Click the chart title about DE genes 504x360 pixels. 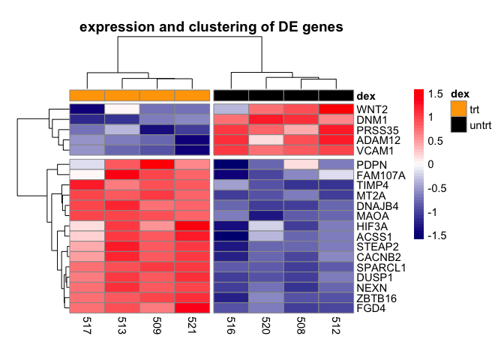[211, 28]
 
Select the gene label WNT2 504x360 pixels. [371, 109]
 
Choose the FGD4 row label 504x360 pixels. [370, 307]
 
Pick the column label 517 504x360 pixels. [86, 328]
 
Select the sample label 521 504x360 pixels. [191, 328]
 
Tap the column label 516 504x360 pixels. [231, 328]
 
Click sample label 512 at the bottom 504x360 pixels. [335, 328]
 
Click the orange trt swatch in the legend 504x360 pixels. [457, 109]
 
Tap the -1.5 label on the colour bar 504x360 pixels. [436, 234]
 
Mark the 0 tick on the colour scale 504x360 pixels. [431, 163]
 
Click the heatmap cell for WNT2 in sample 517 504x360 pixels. [86, 109]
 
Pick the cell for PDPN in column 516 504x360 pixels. [231, 164]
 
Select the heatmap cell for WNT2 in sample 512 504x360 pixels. [335, 109]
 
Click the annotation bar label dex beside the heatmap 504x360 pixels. [366, 95]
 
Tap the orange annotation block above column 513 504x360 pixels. [121, 95]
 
